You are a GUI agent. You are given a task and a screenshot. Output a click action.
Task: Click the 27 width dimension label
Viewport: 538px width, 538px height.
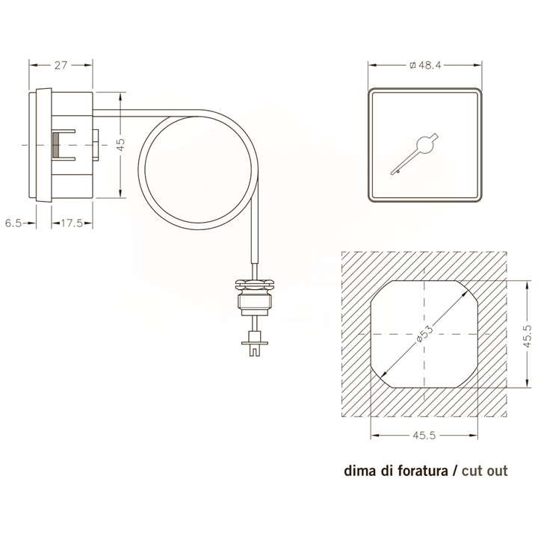[x=61, y=65]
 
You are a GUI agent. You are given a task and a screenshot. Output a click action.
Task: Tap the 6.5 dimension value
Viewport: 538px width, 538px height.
[x=13, y=223]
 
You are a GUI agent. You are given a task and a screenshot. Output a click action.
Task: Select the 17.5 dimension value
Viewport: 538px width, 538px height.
[x=72, y=223]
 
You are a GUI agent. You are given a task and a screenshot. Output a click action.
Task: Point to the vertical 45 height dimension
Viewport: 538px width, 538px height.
[x=121, y=144]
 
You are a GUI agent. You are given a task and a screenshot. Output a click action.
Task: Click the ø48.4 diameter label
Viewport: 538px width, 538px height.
[x=425, y=65]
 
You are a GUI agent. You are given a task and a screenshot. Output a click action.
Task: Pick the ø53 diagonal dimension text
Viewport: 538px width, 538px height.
[x=424, y=333]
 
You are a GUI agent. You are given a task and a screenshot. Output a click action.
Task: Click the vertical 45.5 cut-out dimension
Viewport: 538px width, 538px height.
[x=528, y=336]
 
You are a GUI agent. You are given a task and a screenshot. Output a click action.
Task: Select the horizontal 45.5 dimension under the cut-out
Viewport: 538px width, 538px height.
[x=424, y=436]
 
